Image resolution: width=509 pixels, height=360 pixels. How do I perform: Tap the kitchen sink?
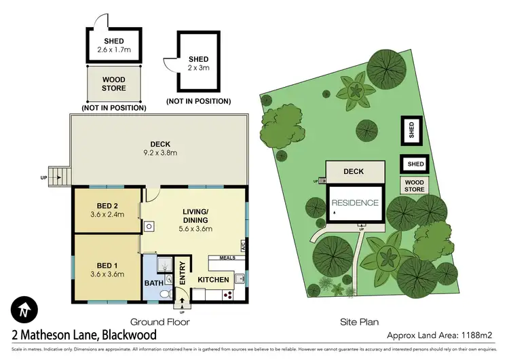coord(239,277)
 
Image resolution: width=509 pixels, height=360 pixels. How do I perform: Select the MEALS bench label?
coord(226,257)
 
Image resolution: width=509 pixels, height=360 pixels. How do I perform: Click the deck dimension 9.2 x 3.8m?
coord(160,153)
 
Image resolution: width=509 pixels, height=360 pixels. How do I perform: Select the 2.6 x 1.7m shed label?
coord(115,50)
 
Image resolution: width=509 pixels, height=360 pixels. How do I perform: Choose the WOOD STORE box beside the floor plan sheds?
coord(114,84)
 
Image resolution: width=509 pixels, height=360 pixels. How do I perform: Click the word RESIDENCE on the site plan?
coord(354,202)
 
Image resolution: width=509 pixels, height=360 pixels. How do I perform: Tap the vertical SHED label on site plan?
coord(410,129)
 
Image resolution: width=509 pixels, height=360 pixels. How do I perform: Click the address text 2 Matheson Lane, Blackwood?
coord(84,335)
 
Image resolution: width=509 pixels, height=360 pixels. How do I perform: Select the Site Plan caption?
coord(360,323)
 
